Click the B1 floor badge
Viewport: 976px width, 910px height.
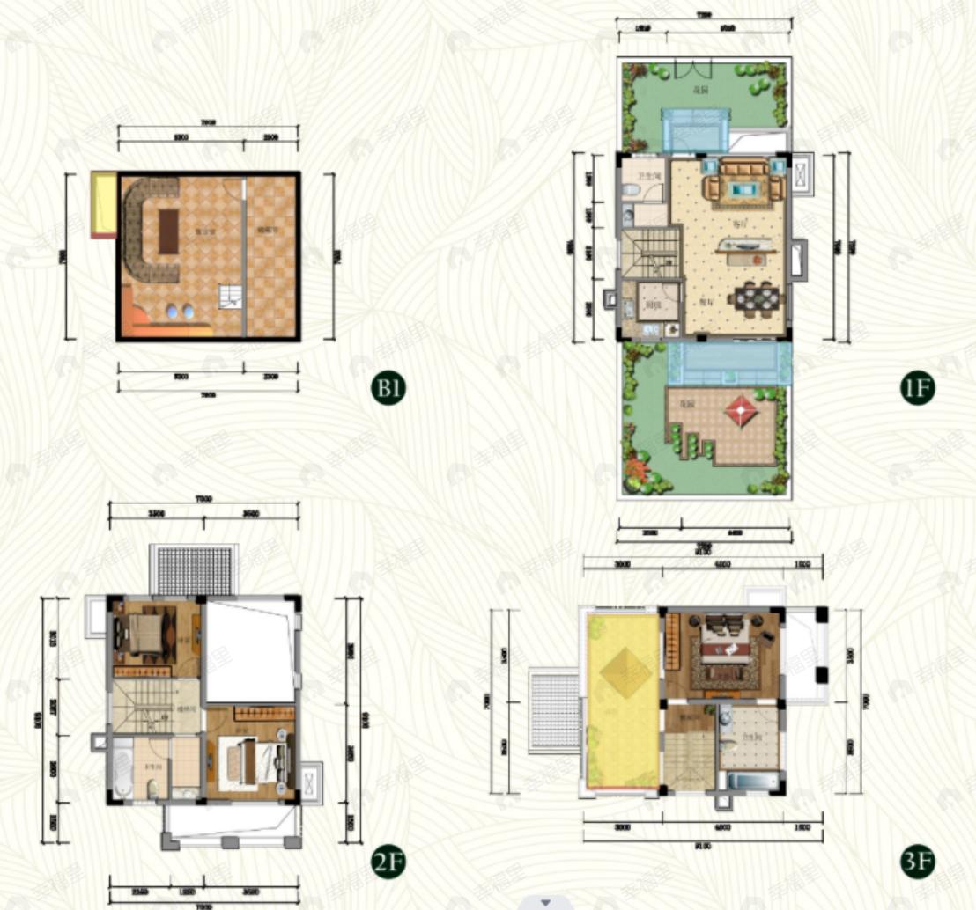coord(388,387)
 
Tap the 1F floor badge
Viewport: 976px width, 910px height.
coord(916,387)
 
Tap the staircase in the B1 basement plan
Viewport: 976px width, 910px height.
coord(231,297)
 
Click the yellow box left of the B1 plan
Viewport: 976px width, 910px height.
coord(104,204)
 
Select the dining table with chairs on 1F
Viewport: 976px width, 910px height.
coord(757,298)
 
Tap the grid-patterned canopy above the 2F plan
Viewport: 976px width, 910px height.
coord(194,570)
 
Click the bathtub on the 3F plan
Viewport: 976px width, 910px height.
coord(749,780)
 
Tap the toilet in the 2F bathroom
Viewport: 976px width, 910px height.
coord(153,787)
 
